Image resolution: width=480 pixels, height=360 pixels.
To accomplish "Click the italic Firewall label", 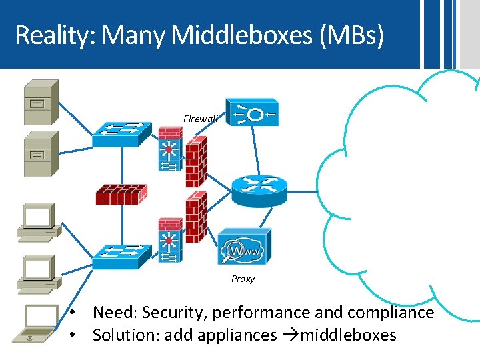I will coord(201,119).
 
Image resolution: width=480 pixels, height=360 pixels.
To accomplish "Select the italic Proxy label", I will coord(243,279).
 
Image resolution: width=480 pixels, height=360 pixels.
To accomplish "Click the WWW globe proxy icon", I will coord(245,248).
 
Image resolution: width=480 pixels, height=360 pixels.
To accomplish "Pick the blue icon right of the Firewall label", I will coord(252,115).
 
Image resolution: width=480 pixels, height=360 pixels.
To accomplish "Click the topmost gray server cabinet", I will coord(40,101).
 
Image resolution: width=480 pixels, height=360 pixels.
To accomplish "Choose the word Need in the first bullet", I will coord(114,313).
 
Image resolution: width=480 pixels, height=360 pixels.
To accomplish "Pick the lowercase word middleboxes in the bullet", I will coord(348,335).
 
